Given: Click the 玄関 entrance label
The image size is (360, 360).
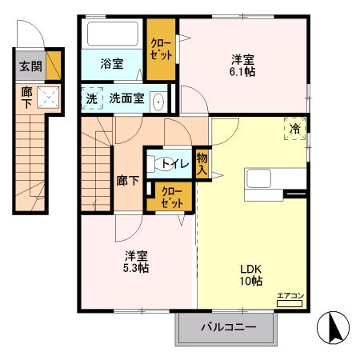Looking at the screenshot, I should coord(28,66).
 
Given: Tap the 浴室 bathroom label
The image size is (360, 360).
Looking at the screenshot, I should coord(111,62).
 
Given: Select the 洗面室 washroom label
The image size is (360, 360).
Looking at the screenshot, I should coord(126,99).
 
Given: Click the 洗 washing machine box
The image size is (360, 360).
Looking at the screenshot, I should coord(90,99).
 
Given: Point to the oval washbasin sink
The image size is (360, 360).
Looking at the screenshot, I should coord(158,101).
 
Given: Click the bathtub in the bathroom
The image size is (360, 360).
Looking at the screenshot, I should coord(113,34).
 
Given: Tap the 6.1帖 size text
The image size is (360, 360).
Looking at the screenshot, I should coord(243,71).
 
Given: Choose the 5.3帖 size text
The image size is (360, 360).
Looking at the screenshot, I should coord(136,268).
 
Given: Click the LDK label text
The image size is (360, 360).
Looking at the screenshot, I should coord(250,269).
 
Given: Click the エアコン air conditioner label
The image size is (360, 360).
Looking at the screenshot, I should coord(290,296).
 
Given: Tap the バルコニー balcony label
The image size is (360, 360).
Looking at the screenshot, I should coord(228,327).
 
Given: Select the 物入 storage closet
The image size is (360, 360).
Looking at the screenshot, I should coord(202,164).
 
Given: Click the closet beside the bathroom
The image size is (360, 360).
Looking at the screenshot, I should coord(161,50).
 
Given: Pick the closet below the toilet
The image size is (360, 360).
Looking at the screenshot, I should coord(172,197).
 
